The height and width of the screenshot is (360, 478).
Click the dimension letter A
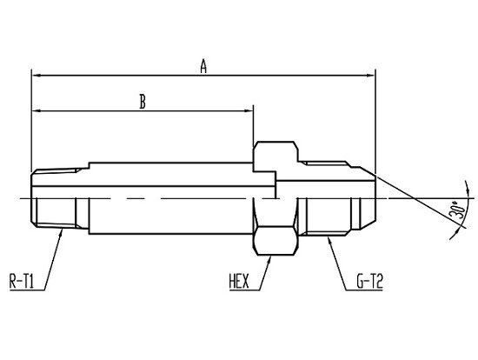203,66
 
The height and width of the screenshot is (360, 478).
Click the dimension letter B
143,102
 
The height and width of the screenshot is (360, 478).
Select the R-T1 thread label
22,281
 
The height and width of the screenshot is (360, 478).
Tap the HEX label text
239,281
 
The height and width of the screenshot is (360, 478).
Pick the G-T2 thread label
369,281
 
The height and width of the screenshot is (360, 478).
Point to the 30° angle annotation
457,210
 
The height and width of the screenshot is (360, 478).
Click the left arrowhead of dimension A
37,76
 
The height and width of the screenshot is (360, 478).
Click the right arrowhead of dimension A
371,76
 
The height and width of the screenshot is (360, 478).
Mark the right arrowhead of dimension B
249,111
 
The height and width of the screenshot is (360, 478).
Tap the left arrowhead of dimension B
37,111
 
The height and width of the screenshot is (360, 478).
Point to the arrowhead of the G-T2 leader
329,240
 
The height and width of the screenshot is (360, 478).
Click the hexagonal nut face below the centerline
276,240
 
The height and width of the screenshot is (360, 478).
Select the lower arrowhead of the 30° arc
455,235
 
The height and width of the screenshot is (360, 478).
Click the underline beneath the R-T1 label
27,290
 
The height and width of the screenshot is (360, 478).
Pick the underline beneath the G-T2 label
364,290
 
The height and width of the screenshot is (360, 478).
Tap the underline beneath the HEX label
244,290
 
